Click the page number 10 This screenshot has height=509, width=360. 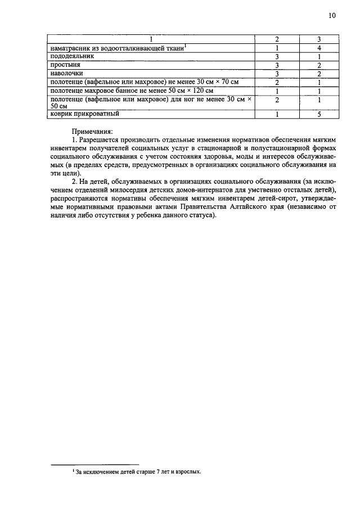(x=332, y=16)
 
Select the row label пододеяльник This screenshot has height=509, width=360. (x=71, y=57)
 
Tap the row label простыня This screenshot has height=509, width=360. (x=65, y=65)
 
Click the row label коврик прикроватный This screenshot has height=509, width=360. (x=84, y=114)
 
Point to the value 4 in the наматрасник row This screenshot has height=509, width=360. (x=318, y=48)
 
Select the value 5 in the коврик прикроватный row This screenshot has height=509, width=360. (x=318, y=115)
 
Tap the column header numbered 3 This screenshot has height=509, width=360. (x=318, y=39)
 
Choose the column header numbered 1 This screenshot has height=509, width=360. (x=150, y=39)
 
